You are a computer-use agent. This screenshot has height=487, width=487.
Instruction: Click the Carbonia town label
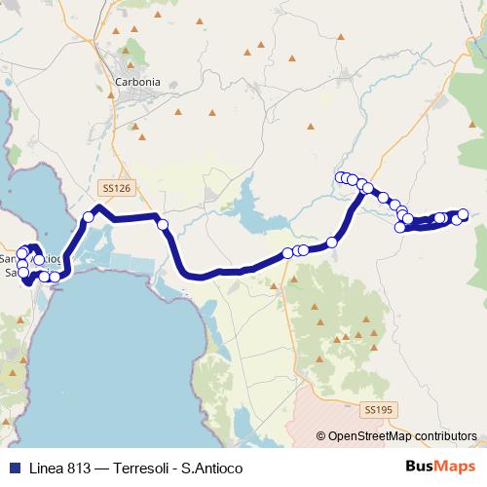(137, 83)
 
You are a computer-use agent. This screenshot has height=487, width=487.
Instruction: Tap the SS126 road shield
(115, 187)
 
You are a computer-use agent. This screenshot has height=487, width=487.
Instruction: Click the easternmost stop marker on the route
(463, 214)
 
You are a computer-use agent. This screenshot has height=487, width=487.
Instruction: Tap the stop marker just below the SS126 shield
(88, 217)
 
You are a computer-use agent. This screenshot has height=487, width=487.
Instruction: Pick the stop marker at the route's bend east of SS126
(163, 225)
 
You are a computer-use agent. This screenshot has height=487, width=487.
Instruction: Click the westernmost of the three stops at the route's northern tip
(340, 177)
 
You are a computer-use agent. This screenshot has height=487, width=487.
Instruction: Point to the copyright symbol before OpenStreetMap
(321, 436)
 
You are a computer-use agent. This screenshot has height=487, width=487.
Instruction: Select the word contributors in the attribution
(445, 436)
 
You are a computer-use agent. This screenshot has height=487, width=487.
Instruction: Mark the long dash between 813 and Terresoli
(105, 468)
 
